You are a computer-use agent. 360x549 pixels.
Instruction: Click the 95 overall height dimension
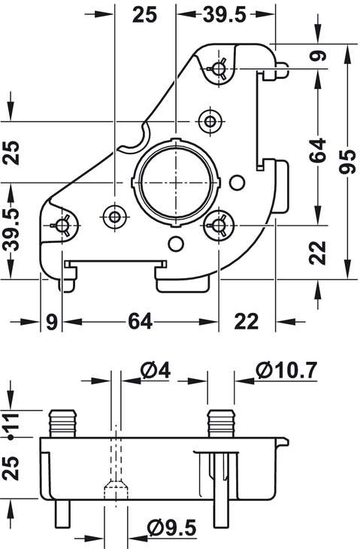click(349, 159)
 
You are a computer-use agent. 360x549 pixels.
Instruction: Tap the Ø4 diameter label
click(156, 371)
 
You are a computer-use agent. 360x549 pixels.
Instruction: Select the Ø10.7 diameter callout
click(286, 370)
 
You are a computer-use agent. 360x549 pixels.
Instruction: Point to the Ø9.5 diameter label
click(171, 528)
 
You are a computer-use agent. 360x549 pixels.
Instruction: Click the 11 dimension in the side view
click(11, 423)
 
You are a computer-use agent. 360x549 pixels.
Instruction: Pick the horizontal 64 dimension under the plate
click(140, 321)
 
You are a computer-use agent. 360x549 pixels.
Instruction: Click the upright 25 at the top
click(144, 15)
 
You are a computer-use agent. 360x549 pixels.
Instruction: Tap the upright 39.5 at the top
click(225, 15)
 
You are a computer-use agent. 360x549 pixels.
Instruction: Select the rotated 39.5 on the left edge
click(11, 231)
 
